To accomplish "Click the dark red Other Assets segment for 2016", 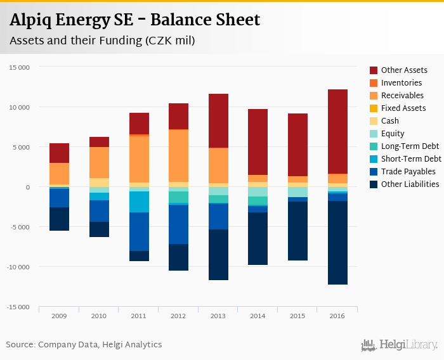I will [337, 131].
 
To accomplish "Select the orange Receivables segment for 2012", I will [178, 155].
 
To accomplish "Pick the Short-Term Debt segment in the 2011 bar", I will [139, 202].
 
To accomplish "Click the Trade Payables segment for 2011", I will [139, 231].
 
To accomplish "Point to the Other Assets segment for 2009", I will [59, 153].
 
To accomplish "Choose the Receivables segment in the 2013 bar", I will [218, 165].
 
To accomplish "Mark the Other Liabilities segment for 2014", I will [258, 238].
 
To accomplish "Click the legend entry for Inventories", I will [401, 83].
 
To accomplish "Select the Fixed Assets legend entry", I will [403, 108].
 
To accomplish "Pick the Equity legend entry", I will [393, 134].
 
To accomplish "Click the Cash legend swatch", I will [374, 121].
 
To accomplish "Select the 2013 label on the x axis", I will [218, 316].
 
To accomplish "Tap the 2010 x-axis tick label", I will [99, 316].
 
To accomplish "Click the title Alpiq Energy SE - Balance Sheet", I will [134, 20].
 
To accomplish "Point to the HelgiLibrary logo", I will [400, 345].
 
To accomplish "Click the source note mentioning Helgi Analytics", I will [84, 345].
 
